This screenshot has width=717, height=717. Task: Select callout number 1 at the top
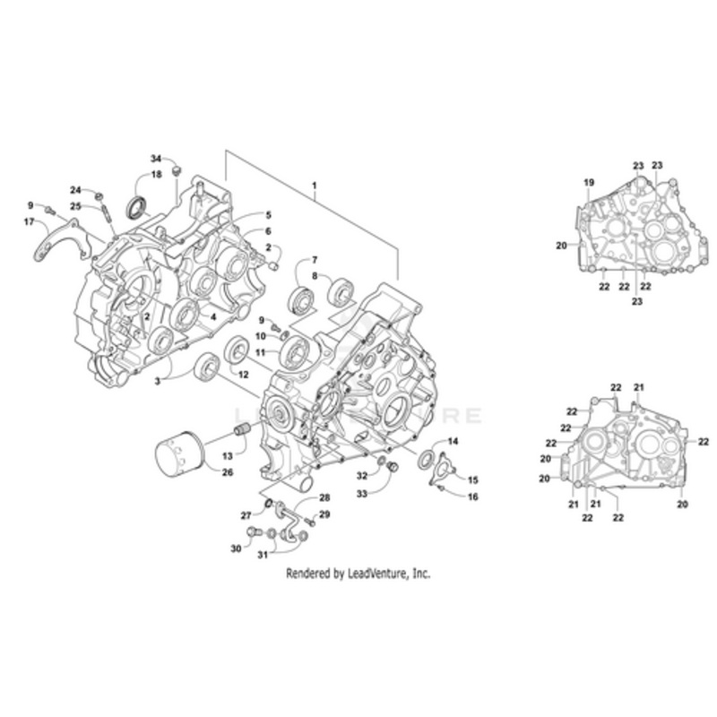(315, 185)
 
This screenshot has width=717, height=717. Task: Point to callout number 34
(155, 159)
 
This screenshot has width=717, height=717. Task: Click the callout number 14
(452, 442)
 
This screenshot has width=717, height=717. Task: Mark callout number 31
(263, 555)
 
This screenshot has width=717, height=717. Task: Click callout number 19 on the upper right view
(589, 183)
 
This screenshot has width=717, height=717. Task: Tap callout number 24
(76, 190)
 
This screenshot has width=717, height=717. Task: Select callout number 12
(242, 372)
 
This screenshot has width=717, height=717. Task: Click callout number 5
(267, 215)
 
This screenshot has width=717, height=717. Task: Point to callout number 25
(76, 206)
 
